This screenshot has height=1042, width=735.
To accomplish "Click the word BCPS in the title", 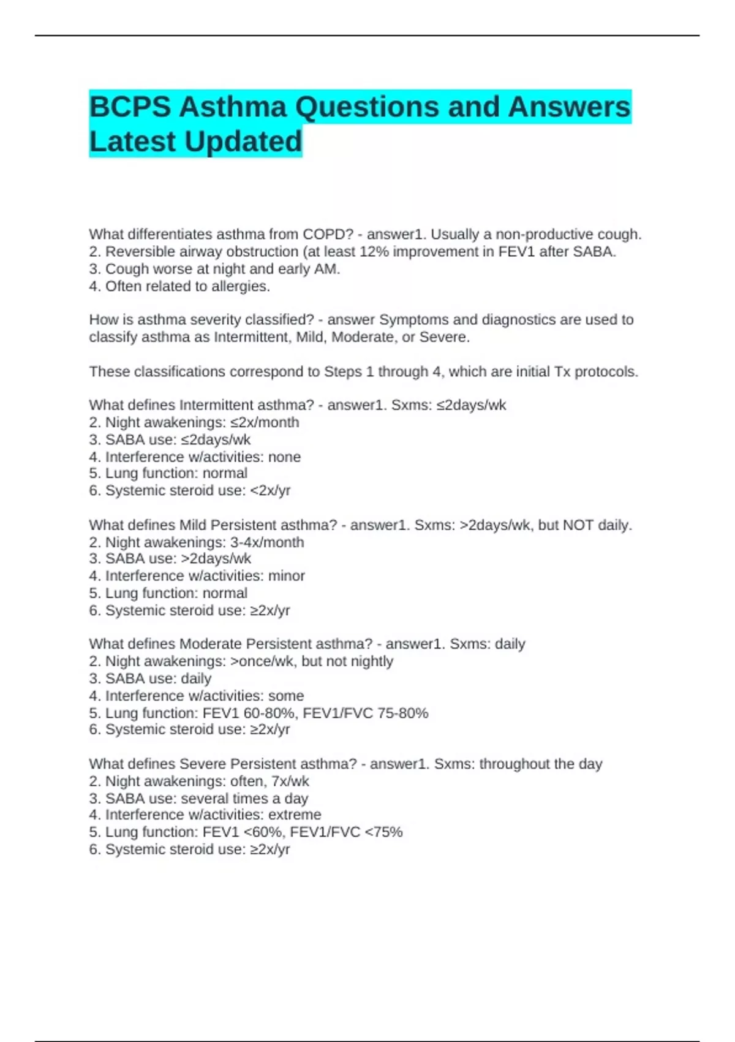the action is [x=130, y=107].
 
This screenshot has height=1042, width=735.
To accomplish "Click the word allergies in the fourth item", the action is [x=240, y=286].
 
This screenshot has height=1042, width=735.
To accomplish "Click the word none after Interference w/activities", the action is [x=284, y=457].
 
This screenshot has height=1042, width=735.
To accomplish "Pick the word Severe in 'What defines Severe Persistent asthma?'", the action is [x=202, y=764].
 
